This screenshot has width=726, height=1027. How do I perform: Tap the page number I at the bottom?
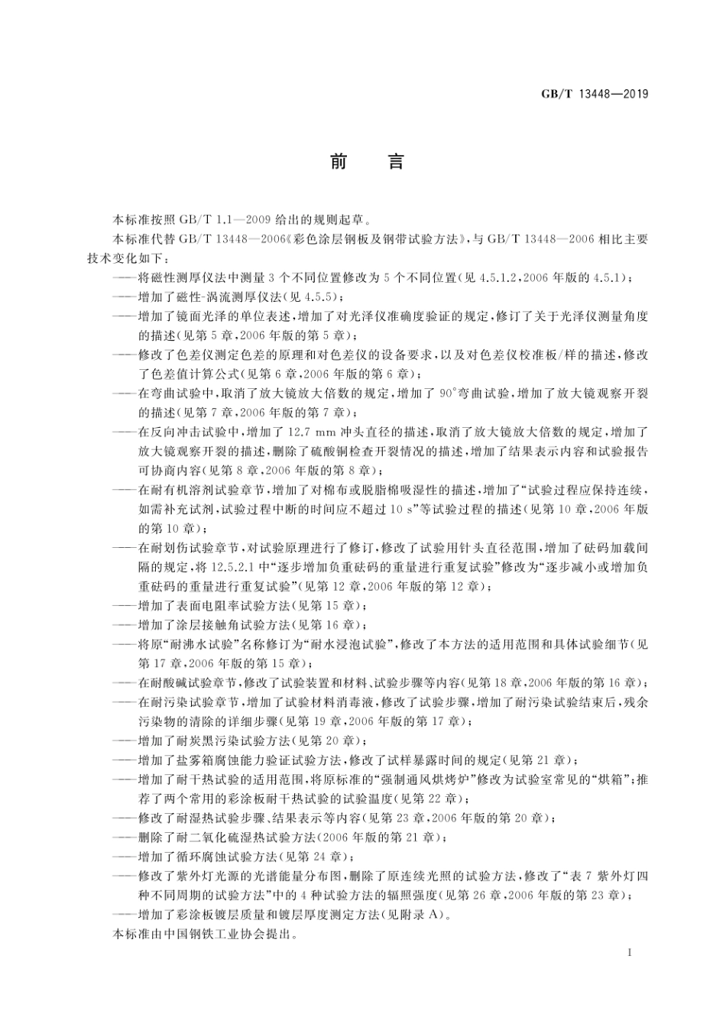[627, 953]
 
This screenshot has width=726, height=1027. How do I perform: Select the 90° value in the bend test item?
[448, 394]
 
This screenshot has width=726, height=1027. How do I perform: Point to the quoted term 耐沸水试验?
[193, 644]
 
